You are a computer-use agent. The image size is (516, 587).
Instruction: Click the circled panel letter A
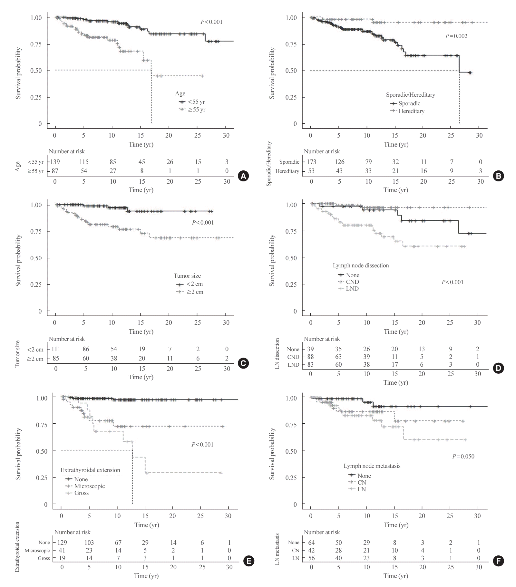(243, 176)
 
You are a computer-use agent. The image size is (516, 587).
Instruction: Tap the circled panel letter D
(499, 369)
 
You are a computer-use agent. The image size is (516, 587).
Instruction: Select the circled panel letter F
(499, 561)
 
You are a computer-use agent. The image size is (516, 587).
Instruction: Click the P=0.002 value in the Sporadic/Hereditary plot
(456, 36)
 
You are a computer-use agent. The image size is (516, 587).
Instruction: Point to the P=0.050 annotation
(463, 456)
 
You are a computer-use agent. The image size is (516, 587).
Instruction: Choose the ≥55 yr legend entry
(197, 110)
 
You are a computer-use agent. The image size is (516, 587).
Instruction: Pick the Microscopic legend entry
(89, 486)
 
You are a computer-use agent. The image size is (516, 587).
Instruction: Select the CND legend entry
(352, 282)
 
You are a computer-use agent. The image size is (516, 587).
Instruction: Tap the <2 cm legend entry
(194, 284)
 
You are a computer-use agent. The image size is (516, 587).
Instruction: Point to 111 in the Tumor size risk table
(55, 349)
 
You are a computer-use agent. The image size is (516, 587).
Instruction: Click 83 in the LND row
(311, 365)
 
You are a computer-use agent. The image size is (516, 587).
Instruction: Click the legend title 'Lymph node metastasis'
(372, 466)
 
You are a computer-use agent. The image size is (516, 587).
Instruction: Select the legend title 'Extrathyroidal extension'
(90, 470)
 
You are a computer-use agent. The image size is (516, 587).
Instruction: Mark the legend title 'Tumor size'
(187, 276)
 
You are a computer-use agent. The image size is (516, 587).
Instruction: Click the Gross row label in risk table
(44, 558)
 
